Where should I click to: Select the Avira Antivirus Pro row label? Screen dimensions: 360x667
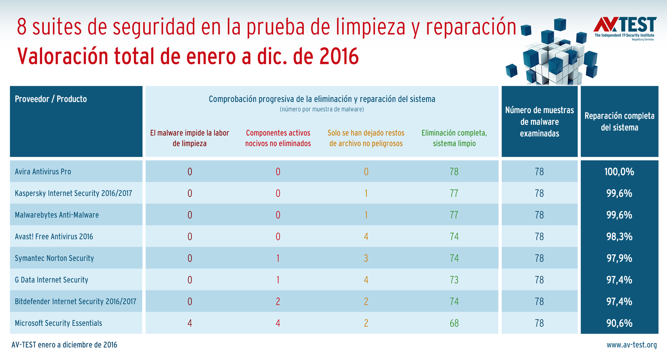pos(43,171)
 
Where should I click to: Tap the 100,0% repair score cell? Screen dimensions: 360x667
pos(619,171)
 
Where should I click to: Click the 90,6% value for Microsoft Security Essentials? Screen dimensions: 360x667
pos(619,323)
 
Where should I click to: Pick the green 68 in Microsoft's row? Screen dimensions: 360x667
pos(454,323)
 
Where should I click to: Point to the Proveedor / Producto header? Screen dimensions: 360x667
pos(51,99)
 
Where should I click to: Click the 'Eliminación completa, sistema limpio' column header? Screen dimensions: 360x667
pos(454,138)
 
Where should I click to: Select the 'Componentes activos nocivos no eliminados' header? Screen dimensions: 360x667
pos(278,138)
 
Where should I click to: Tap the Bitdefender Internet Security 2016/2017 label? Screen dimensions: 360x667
pos(75,301)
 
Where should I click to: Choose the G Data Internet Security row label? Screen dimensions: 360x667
pos(52,279)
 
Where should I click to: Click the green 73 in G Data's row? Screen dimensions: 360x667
pos(454,279)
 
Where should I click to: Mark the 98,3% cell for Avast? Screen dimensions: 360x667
pos(619,237)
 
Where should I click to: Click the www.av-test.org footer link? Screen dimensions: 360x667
pos(632,345)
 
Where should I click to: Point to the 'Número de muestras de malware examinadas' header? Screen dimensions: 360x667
pos(539,122)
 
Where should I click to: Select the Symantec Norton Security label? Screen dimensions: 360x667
pos(54,258)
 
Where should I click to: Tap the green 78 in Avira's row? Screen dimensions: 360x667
pos(454,171)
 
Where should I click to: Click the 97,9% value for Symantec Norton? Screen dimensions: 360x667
pos(619,258)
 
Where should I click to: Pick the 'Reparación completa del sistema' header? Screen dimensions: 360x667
pos(619,121)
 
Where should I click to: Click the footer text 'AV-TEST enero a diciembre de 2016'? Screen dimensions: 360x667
pos(65,345)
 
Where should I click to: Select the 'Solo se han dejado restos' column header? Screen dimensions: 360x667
pos(366,138)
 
